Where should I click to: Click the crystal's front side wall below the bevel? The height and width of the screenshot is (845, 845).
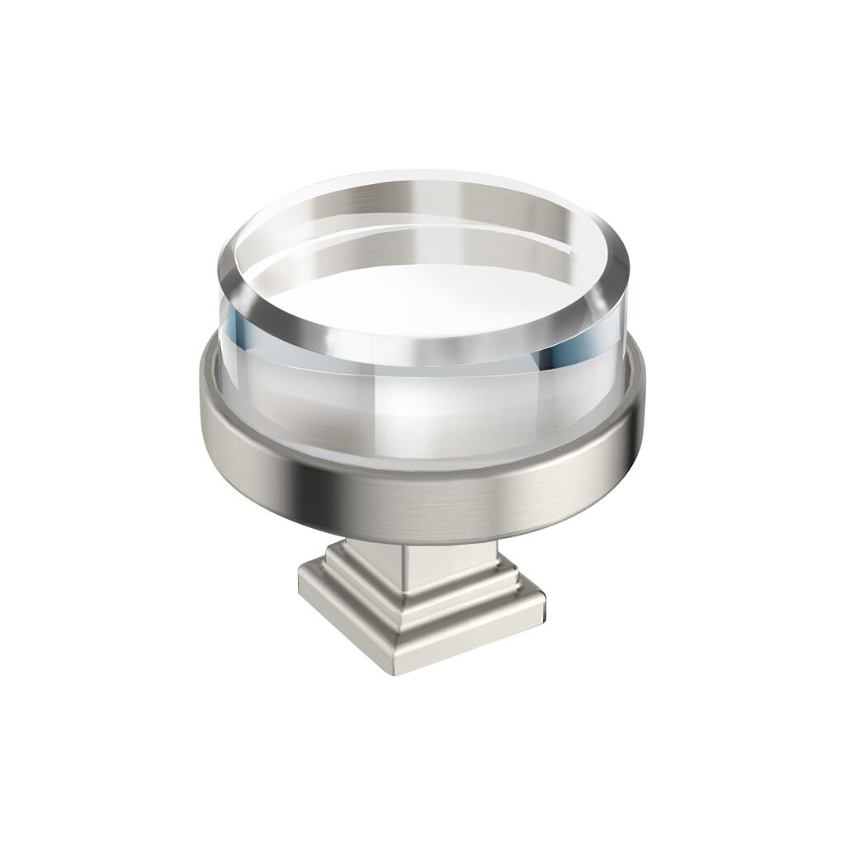(x=413, y=413)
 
